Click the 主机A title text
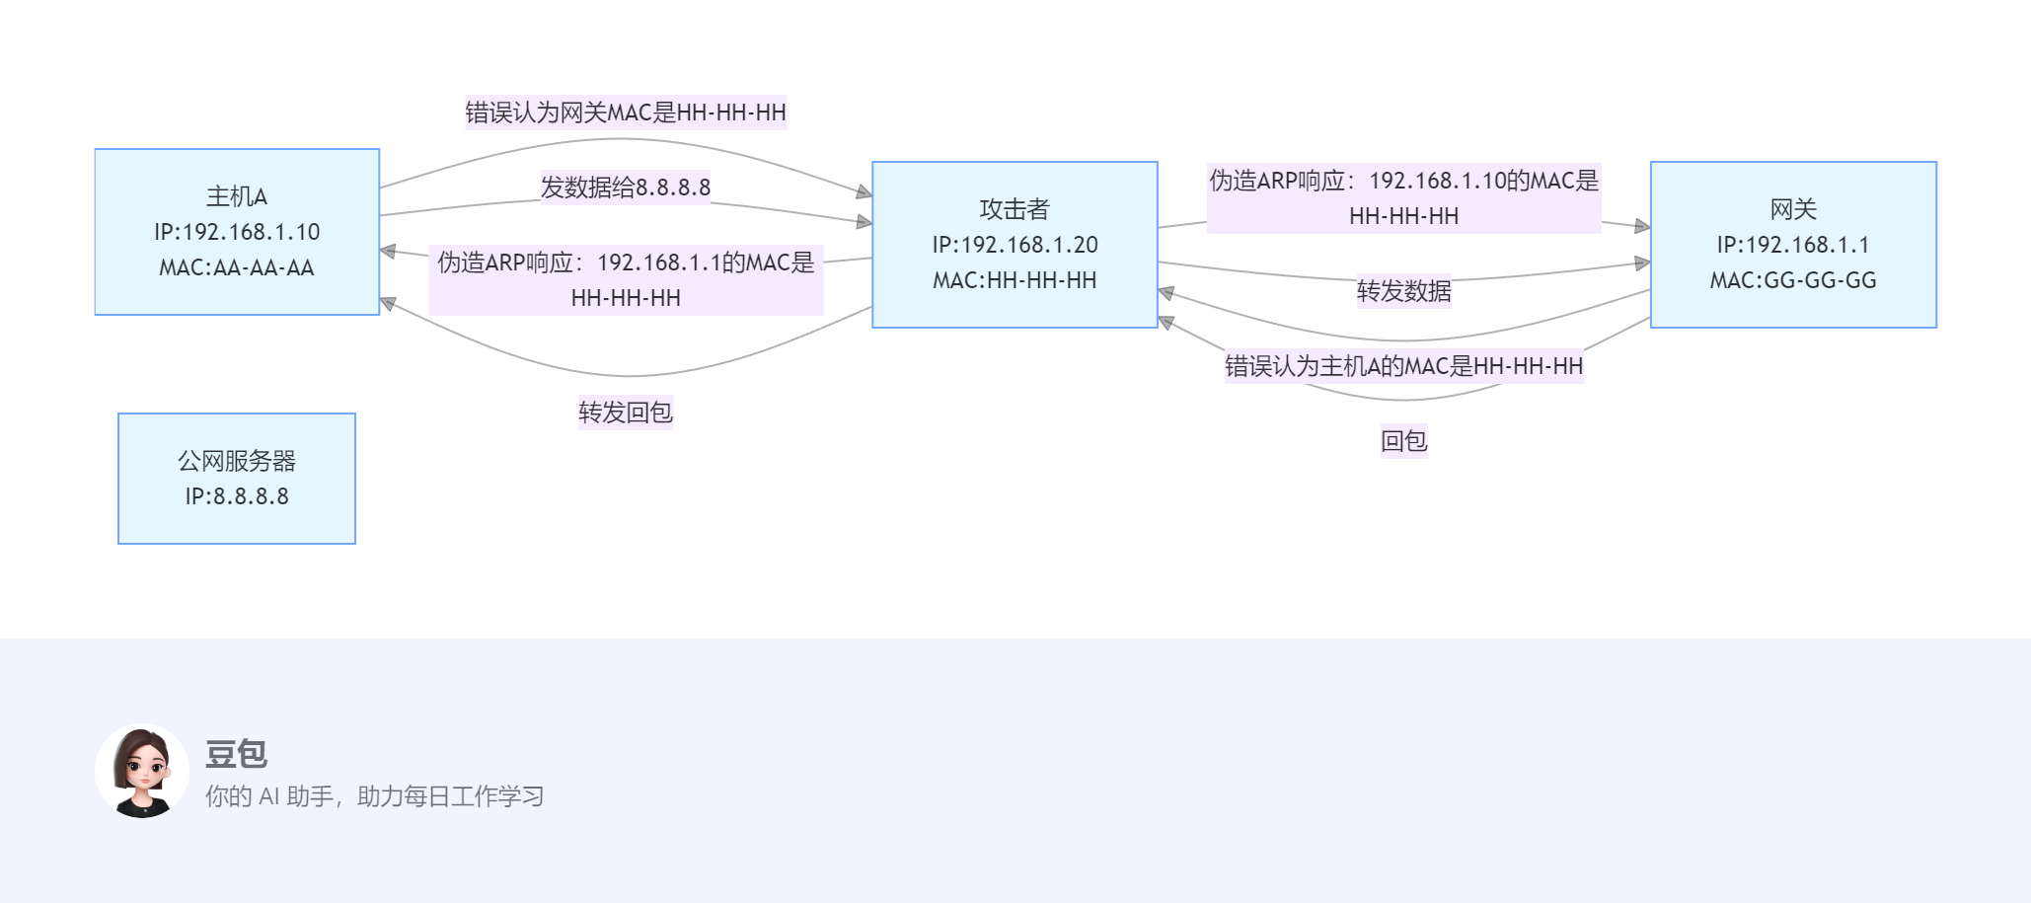[237, 196]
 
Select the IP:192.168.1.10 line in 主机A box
[237, 232]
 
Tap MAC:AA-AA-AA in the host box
[237, 267]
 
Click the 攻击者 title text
[1015, 209]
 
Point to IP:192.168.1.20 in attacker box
[1015, 245]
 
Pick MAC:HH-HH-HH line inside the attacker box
[1015, 280]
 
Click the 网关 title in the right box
[1793, 209]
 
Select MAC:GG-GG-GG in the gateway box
[1793, 280]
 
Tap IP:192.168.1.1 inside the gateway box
[1793, 245]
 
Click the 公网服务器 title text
[237, 461]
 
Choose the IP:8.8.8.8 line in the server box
[237, 496]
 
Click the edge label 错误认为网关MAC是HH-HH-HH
[626, 113]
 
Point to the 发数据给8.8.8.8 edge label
[626, 188]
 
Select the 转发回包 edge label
[626, 413]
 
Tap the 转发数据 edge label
[1403, 291]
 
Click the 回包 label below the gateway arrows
[1403, 441]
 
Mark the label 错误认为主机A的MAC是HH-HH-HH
[1403, 366]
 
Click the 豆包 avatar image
[142, 772]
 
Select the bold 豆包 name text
[236, 754]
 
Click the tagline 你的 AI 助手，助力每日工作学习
[374, 796]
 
